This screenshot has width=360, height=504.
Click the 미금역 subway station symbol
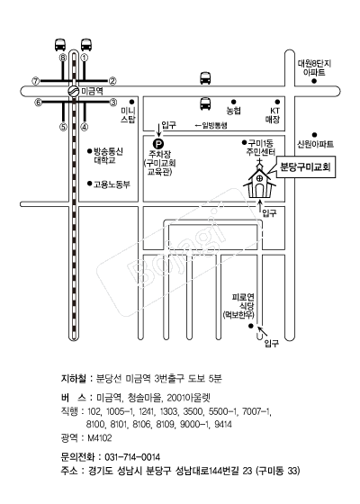click(x=73, y=91)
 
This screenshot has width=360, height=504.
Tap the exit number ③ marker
click(x=112, y=103)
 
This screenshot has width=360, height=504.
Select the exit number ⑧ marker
click(x=63, y=58)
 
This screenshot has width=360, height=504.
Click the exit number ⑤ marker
click(x=63, y=127)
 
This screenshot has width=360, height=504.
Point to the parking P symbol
click(x=157, y=143)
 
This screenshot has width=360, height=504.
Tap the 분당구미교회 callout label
click(x=305, y=167)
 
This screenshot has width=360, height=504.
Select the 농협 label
click(x=234, y=111)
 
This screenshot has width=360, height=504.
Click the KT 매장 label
click(x=273, y=115)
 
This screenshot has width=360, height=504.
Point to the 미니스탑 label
click(x=128, y=115)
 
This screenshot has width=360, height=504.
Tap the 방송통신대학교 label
click(x=108, y=156)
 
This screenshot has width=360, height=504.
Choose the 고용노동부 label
click(x=112, y=184)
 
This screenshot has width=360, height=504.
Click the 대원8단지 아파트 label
click(x=314, y=67)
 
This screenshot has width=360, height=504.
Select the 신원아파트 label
click(x=315, y=144)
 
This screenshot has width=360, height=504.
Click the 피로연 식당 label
click(x=243, y=301)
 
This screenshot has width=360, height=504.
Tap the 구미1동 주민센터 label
click(x=260, y=148)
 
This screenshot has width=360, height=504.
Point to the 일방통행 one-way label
click(x=211, y=125)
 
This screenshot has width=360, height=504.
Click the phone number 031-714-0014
click(x=132, y=457)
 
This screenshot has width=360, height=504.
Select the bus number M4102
click(x=100, y=437)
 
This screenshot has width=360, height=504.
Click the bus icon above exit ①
click(x=86, y=45)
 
